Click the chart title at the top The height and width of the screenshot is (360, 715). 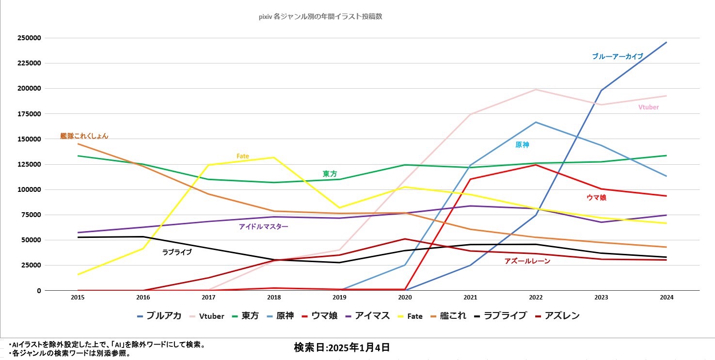click(321, 16)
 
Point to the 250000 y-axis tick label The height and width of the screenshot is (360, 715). click(30, 38)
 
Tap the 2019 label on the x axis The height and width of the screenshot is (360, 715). click(339, 297)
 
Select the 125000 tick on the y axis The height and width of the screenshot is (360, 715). click(30, 164)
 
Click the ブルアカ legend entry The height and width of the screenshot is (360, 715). click(159, 316)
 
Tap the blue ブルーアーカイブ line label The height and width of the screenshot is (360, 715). click(617, 56)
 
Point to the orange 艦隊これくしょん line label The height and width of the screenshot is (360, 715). click(84, 136)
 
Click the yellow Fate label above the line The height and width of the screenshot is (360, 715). click(242, 156)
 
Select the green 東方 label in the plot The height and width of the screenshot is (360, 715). click(330, 173)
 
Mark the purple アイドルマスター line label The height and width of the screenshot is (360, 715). click(263, 226)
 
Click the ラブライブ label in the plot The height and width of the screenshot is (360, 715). click(177, 252)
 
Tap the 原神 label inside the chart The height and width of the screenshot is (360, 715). click(522, 144)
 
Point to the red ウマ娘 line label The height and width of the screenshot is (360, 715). click(596, 197)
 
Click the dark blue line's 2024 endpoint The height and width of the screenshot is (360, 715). click(667, 42)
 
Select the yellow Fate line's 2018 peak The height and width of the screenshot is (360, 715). click(274, 157)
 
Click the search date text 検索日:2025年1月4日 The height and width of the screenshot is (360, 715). click(341, 347)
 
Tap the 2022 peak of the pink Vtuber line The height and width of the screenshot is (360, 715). click(536, 90)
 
